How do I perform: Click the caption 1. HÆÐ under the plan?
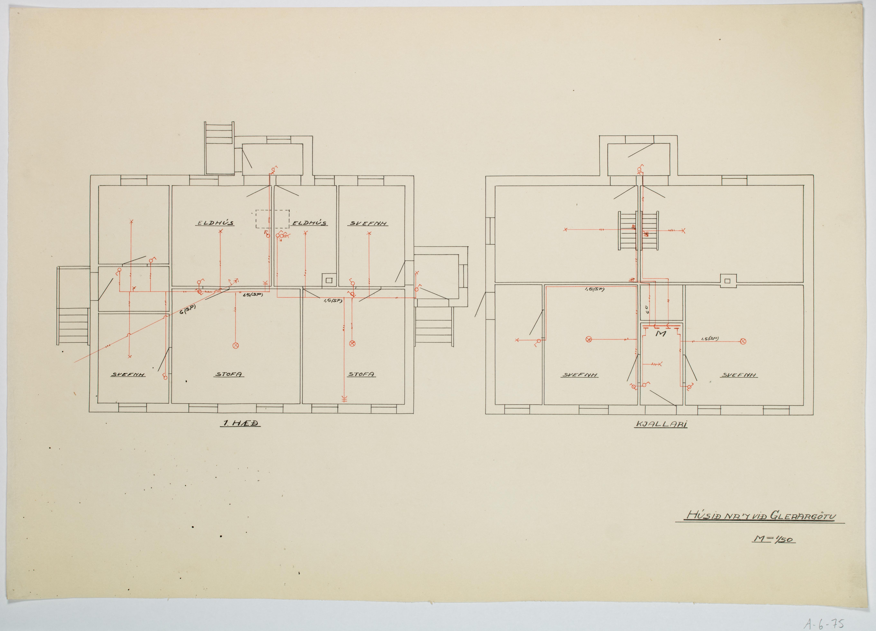pos(240,424)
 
